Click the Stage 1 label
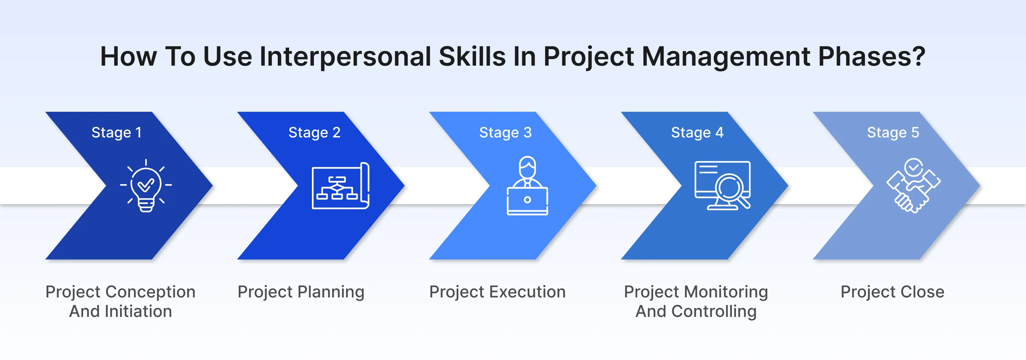[x=116, y=133]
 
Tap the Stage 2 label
[x=314, y=133]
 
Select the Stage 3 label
[x=505, y=133]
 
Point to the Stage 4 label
[x=697, y=133]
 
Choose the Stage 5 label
[x=893, y=133]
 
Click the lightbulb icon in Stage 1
[x=146, y=186]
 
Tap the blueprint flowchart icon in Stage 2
[x=341, y=186]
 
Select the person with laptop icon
[x=527, y=186]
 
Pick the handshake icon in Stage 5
[x=913, y=186]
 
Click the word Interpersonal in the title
[x=345, y=56]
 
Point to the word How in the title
[x=128, y=56]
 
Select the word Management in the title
[x=726, y=56]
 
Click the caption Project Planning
[x=301, y=292]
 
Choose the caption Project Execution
[x=497, y=292]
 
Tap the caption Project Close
[x=892, y=292]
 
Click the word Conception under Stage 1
[x=150, y=292]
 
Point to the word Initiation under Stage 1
[x=138, y=311]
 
